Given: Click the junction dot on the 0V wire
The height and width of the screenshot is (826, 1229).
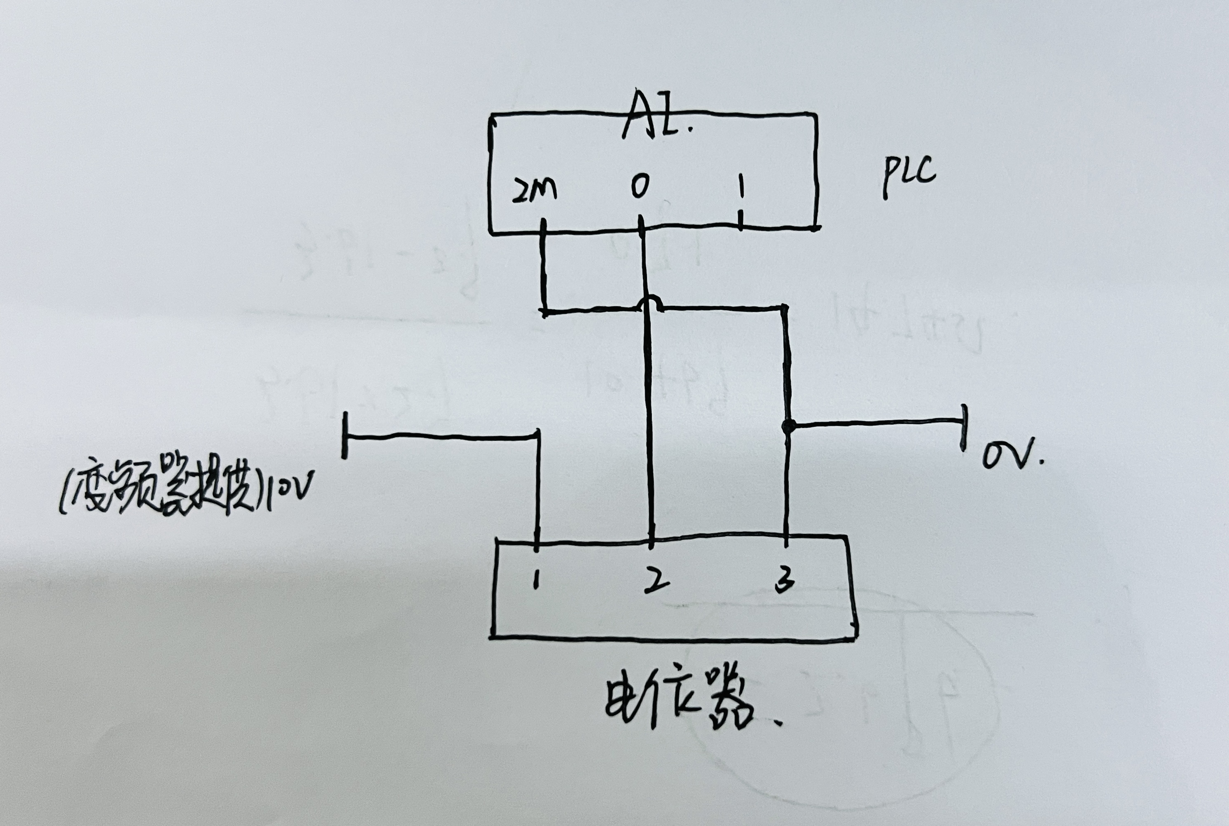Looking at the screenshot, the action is click(x=788, y=426).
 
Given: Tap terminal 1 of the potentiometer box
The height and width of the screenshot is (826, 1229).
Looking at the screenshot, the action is click(x=536, y=581).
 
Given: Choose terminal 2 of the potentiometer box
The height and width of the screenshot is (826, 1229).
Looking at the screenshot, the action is click(x=656, y=581).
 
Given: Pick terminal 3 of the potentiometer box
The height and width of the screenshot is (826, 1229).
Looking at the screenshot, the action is click(x=784, y=581).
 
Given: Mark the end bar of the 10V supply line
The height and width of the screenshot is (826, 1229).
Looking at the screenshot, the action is click(x=345, y=435).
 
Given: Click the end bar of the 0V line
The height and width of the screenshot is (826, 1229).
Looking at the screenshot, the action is click(x=963, y=427).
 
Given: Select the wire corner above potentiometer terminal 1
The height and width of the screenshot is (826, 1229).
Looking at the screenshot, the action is click(x=537, y=437).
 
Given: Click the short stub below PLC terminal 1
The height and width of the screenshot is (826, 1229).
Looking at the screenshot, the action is click(x=741, y=220).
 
